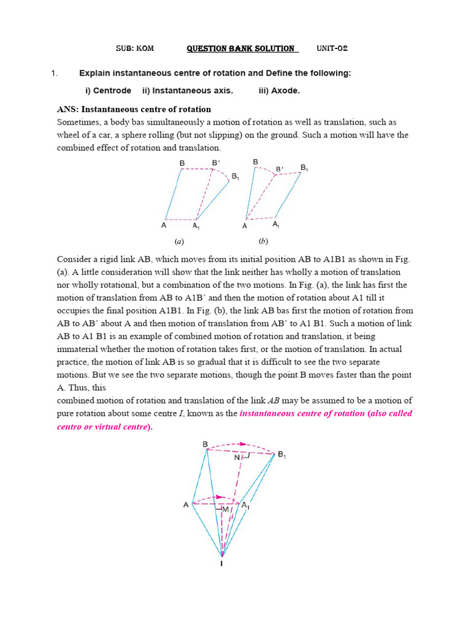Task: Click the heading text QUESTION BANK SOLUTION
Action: [240, 48]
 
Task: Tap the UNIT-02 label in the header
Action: [332, 48]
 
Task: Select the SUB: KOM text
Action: [135, 48]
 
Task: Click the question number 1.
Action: [54, 74]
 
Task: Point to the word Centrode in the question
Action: [112, 91]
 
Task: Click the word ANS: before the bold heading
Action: [68, 109]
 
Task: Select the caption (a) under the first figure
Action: [180, 241]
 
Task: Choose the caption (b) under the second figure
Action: [263, 241]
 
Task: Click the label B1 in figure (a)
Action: [235, 177]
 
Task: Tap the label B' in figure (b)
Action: [280, 169]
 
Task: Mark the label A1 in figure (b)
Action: [277, 225]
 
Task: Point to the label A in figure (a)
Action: [164, 225]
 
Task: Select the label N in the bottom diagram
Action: [237, 457]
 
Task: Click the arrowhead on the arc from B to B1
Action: [244, 443]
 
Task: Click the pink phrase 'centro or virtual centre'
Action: [103, 427]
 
